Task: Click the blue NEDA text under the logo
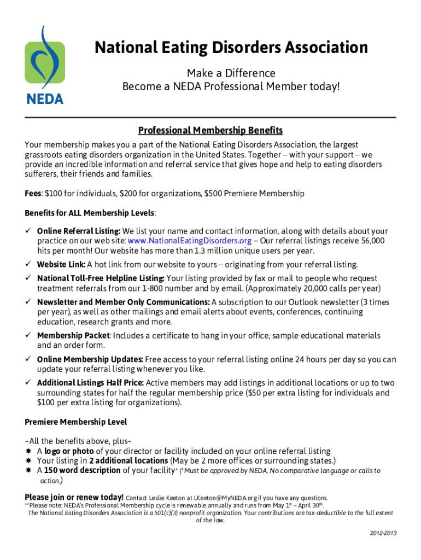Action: coord(45,100)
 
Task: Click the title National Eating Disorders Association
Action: coord(231,48)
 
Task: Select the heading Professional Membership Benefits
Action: coord(210,131)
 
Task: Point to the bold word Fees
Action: coord(33,194)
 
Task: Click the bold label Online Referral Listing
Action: coord(79,231)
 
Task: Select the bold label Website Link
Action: coord(61,265)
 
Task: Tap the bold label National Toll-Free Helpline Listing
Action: coord(101,278)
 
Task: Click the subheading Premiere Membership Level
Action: coord(75,422)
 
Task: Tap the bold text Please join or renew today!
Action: coord(74,497)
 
